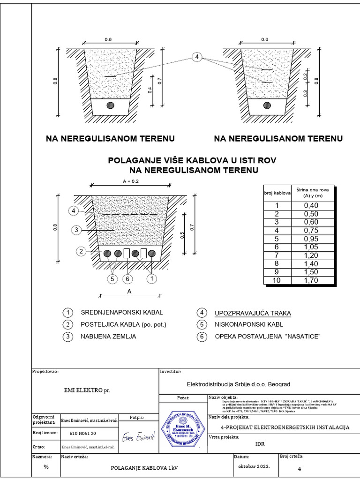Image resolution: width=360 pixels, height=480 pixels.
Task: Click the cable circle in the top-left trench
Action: point(111,105)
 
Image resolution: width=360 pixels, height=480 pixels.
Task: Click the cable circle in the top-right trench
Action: point(267,105)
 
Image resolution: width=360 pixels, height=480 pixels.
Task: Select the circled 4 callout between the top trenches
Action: point(197,57)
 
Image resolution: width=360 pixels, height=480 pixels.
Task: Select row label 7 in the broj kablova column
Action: point(277,255)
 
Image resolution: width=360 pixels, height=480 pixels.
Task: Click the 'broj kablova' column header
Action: point(277,193)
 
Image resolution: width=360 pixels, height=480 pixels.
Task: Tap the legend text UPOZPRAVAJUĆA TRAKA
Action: point(252,313)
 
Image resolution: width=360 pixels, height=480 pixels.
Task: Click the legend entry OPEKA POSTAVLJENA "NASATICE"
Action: point(261,337)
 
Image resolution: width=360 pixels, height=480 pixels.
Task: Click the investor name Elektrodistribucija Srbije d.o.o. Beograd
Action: point(239,384)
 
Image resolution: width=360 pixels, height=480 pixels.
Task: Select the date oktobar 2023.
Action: point(254,467)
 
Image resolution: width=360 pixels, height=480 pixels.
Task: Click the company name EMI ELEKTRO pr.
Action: point(87,390)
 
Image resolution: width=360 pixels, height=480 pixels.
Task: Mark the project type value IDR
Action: point(260,444)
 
